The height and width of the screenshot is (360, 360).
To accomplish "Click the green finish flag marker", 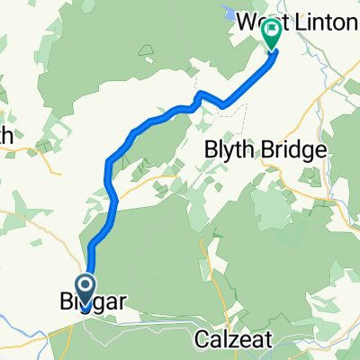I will click(270, 34).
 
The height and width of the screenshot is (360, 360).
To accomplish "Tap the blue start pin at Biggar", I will click(87, 291).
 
